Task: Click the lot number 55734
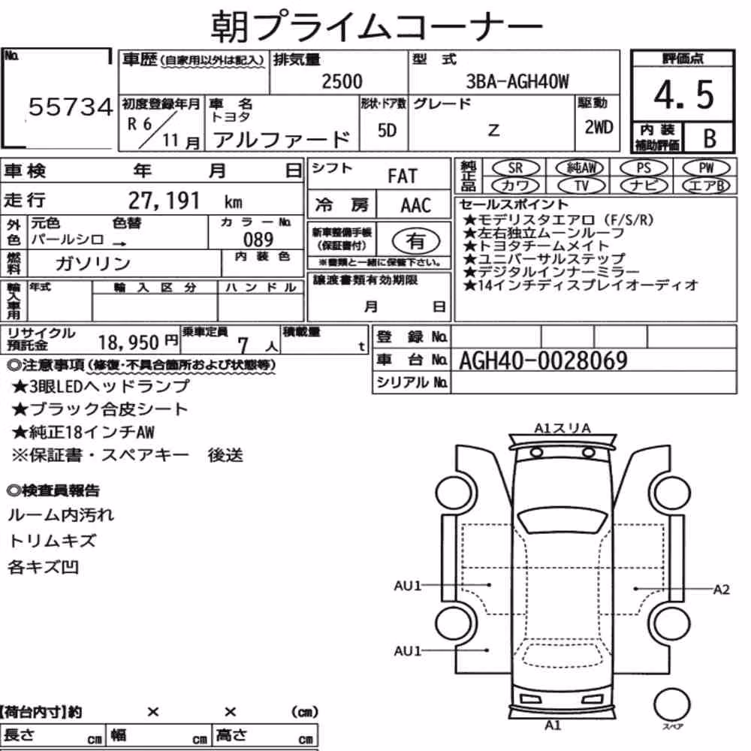(71, 107)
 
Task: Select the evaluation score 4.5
(683, 95)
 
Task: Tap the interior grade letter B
(710, 138)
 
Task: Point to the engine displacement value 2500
(342, 81)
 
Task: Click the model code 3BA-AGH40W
(517, 81)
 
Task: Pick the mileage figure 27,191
(164, 201)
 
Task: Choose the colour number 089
(258, 240)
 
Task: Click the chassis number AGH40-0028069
(543, 360)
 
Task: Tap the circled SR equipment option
(516, 168)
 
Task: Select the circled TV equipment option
(581, 185)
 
